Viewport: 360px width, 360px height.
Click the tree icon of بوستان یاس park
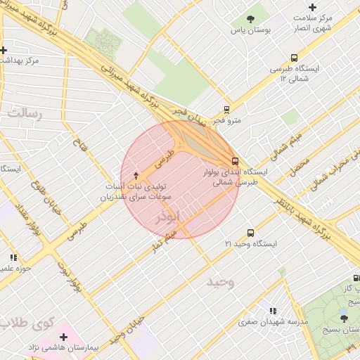(250, 19)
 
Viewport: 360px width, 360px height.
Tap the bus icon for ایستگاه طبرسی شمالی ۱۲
(293, 58)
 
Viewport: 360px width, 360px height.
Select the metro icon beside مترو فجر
(226, 109)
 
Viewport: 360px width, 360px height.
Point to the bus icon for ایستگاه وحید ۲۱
(250, 233)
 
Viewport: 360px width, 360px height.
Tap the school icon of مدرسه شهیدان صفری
(272, 311)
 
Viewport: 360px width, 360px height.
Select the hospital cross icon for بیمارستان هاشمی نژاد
(64, 337)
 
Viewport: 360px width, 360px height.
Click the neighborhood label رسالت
(25, 113)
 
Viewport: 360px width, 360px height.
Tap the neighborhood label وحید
(220, 282)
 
